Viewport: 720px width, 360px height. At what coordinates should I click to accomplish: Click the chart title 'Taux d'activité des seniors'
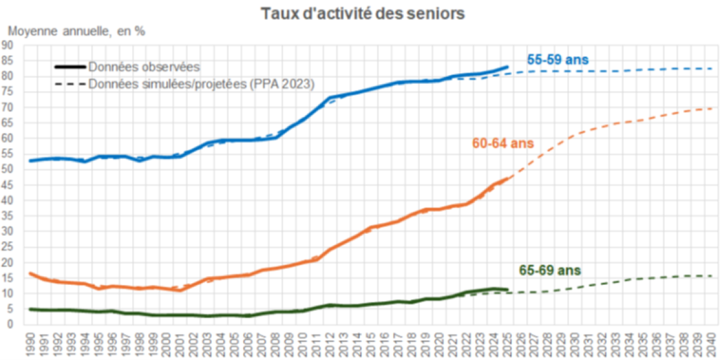363,14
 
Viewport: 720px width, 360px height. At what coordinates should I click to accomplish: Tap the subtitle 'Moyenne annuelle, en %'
76,31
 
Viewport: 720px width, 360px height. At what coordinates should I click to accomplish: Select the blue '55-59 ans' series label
557,60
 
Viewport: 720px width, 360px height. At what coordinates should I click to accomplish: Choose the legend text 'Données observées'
144,67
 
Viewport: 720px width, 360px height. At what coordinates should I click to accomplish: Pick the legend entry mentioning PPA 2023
202,84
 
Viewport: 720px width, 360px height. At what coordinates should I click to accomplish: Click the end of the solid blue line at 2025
508,67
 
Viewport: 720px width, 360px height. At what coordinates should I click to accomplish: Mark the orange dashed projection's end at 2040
712,108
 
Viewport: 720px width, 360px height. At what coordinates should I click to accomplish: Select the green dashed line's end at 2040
712,276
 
